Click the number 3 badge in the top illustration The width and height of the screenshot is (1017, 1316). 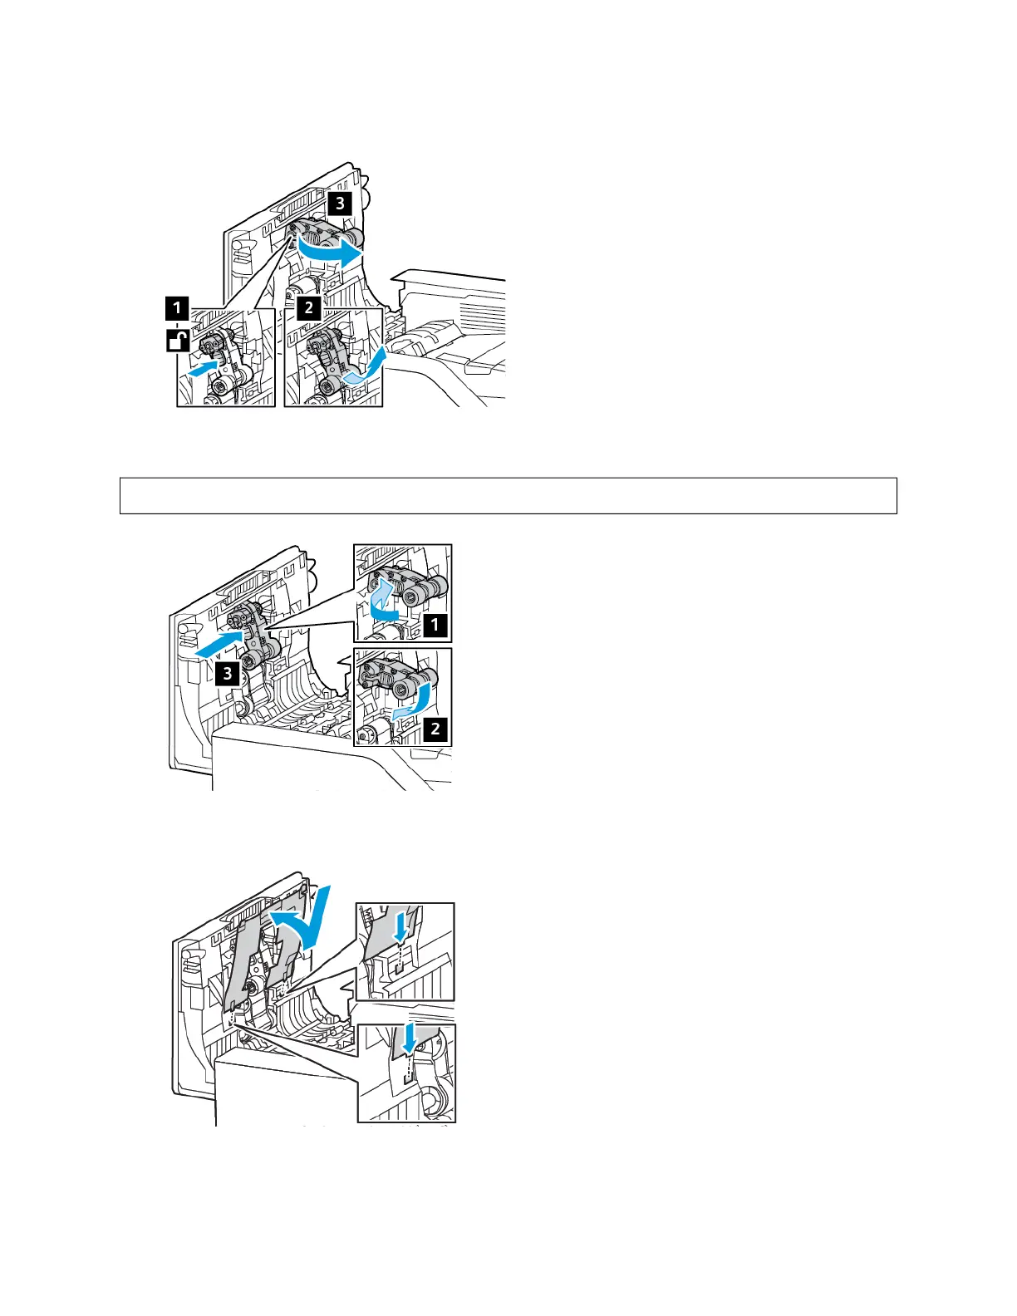pyautogui.click(x=339, y=202)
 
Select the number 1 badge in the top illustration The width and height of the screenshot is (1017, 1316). pyautogui.click(x=176, y=309)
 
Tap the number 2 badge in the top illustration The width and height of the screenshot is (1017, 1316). pyautogui.click(x=309, y=308)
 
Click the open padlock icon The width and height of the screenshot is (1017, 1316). pyautogui.click(x=177, y=339)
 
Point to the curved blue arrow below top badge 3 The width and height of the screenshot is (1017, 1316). pyautogui.click(x=331, y=250)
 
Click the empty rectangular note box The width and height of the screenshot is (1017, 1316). pyautogui.click(x=508, y=496)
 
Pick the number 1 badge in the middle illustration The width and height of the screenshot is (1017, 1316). pyautogui.click(x=435, y=624)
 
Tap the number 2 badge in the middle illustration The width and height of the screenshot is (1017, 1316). pyautogui.click(x=435, y=729)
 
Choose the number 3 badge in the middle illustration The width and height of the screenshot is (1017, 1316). pyautogui.click(x=228, y=673)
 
